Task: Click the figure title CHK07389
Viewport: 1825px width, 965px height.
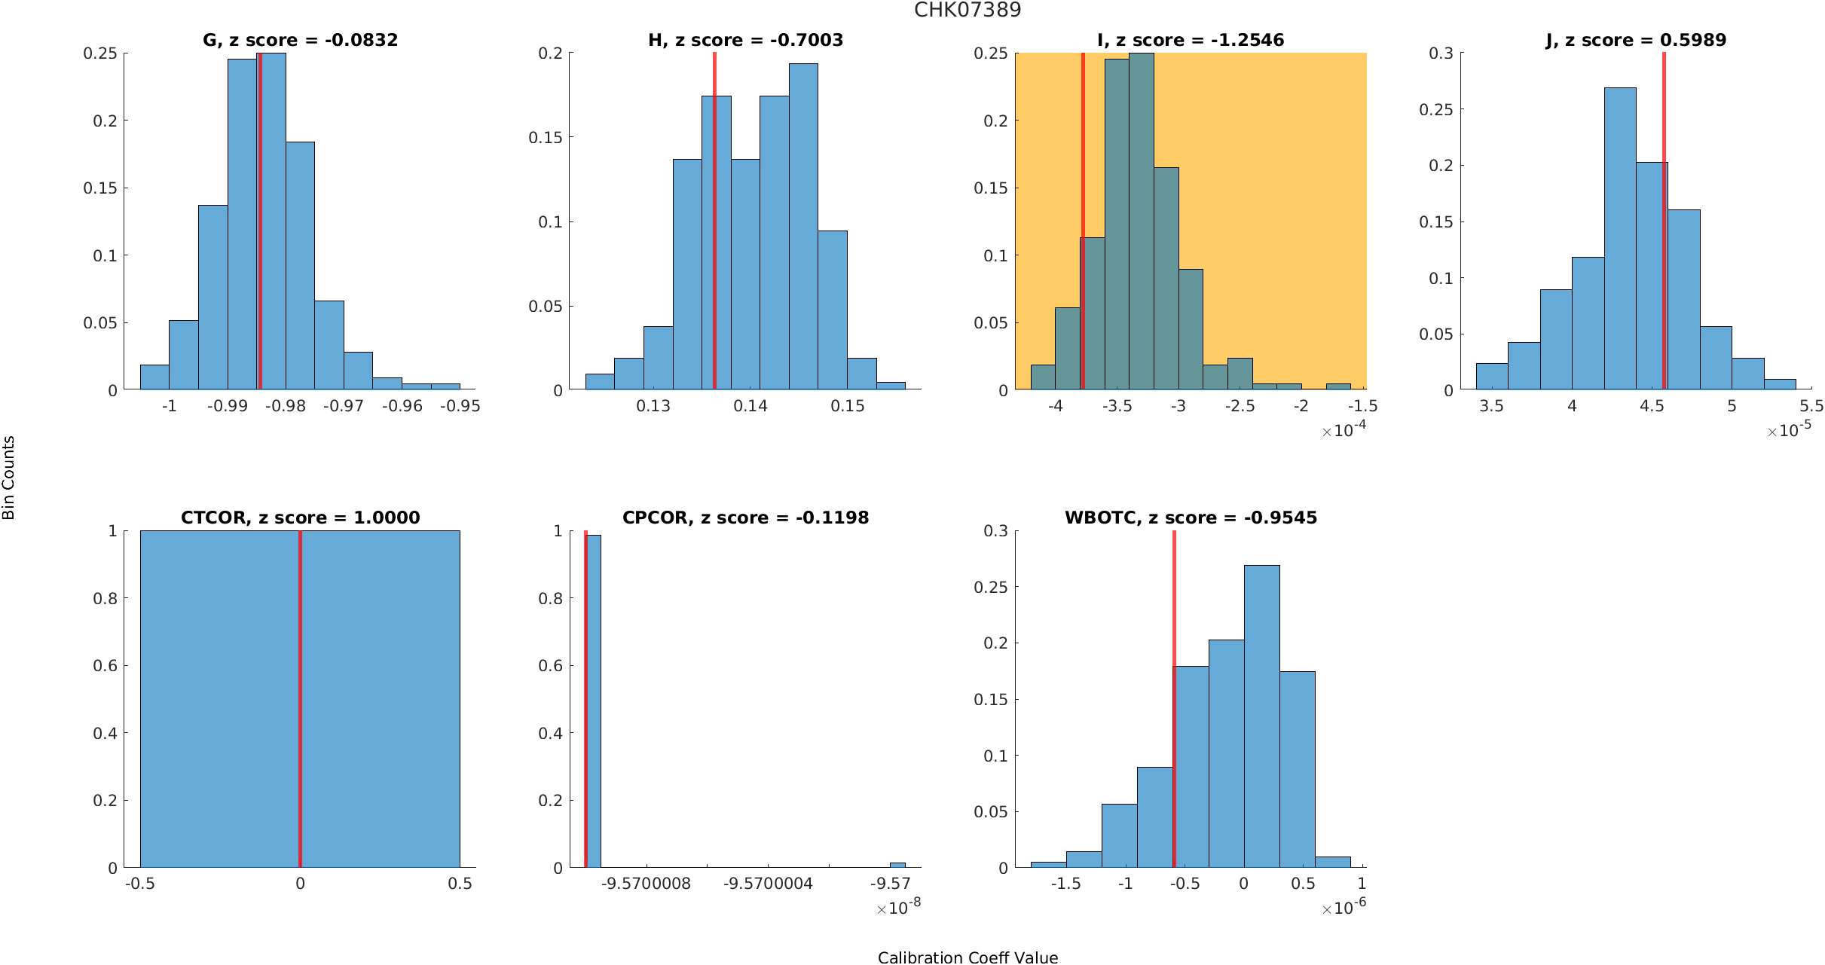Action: click(968, 10)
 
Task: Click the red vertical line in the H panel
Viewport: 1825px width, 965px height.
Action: click(714, 226)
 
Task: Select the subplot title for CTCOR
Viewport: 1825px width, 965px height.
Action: click(300, 518)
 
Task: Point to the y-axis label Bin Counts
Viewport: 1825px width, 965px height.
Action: click(9, 478)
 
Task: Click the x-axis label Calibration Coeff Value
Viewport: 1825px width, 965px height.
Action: click(968, 957)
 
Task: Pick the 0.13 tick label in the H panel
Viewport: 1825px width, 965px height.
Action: click(653, 406)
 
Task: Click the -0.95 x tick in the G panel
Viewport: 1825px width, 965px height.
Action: click(460, 406)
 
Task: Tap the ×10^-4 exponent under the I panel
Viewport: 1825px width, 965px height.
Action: click(1344, 430)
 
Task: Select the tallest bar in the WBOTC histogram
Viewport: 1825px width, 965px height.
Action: click(1261, 716)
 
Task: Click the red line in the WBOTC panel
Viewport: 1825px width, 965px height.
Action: click(1174, 701)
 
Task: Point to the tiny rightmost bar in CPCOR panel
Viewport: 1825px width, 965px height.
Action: click(897, 865)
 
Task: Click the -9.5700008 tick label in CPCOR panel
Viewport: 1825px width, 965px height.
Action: click(646, 884)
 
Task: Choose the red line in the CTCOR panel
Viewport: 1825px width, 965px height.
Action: click(300, 701)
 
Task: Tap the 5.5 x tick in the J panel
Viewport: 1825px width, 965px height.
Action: click(1811, 406)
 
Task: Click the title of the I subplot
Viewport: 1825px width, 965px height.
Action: click(1191, 40)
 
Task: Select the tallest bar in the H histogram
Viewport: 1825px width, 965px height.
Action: click(803, 226)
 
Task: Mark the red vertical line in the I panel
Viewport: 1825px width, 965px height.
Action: click(1083, 226)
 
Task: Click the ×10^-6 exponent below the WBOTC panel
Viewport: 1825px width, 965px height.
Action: click(1344, 908)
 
